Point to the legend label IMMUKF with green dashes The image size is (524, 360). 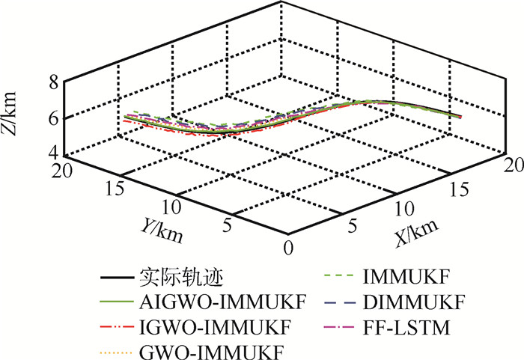pos(396,281)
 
